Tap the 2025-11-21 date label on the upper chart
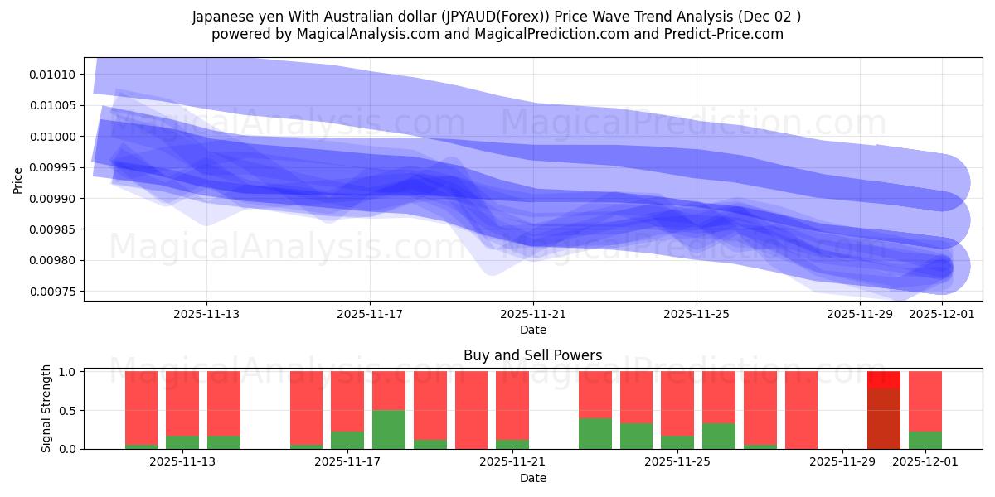pyautogui.click(x=533, y=314)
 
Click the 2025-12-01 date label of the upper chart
pyautogui.click(x=942, y=314)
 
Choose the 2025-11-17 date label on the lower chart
pyautogui.click(x=347, y=462)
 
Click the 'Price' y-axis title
pyautogui.click(x=18, y=180)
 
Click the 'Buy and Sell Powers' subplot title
pyautogui.click(x=532, y=355)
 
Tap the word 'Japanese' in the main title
pyautogui.click(x=221, y=17)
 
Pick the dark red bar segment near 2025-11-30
pyautogui.click(x=883, y=418)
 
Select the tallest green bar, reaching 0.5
pyautogui.click(x=388, y=429)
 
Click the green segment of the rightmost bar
pyautogui.click(x=925, y=440)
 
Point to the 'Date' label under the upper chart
pyautogui.click(x=532, y=330)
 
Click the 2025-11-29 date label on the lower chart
pyautogui.click(x=842, y=462)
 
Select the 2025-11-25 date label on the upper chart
pyautogui.click(x=696, y=314)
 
